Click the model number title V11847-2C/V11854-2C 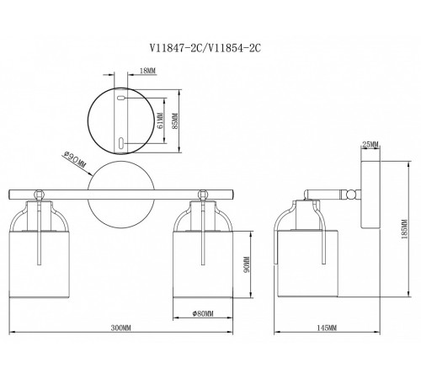point(205,48)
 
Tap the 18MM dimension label point(147,71)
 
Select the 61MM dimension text point(160,120)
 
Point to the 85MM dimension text point(175,120)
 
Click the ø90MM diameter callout point(75,159)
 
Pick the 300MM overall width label point(121,328)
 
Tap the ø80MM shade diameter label point(203,313)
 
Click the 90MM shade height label point(247,264)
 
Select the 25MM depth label point(370,145)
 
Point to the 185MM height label point(404,229)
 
